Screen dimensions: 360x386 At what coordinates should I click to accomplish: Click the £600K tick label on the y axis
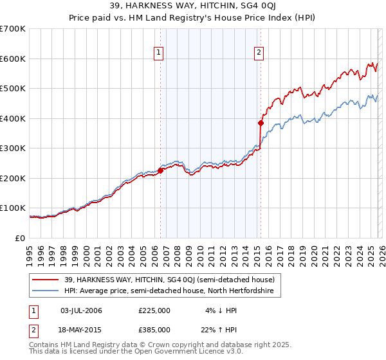click(x=13, y=59)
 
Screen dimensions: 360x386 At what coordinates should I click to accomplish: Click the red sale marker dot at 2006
click(x=160, y=170)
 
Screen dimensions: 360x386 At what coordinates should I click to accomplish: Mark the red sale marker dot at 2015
click(x=261, y=123)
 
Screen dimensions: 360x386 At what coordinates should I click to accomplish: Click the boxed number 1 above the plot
click(x=158, y=53)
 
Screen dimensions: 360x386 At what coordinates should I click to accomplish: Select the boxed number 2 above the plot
click(x=259, y=53)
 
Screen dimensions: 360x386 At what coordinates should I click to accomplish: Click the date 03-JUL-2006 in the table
click(x=81, y=310)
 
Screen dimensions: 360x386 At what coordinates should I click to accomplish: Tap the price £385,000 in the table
click(x=154, y=330)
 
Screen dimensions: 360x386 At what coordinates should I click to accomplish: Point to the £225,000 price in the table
click(x=154, y=310)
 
